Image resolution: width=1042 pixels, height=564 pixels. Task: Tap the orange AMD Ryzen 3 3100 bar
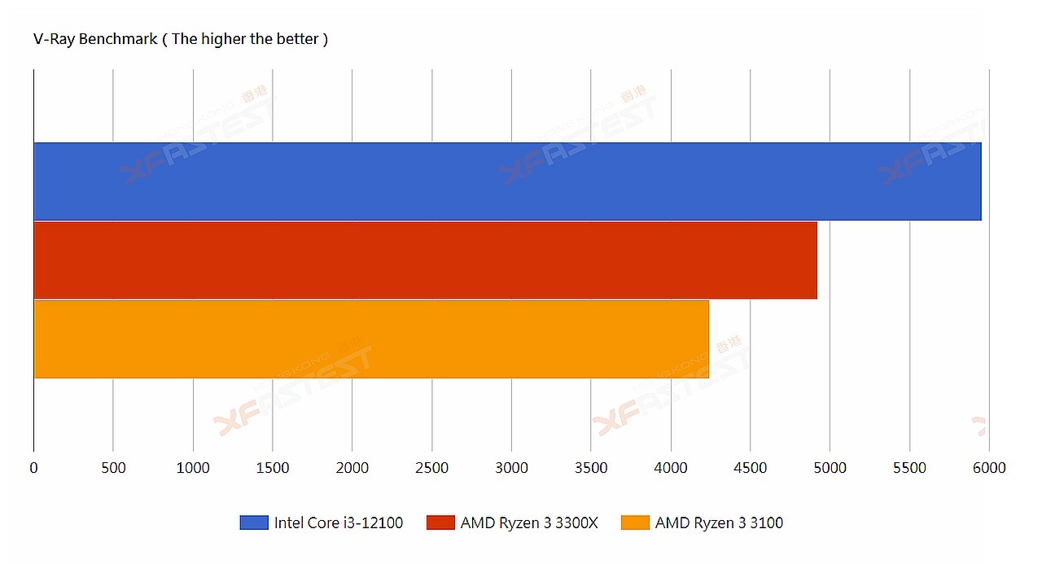[x=371, y=339]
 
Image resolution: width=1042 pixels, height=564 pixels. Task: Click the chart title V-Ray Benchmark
[x=180, y=39]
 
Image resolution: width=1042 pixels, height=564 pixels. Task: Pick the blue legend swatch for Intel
[x=253, y=522]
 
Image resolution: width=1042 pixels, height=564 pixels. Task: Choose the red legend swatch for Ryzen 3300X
[x=440, y=522]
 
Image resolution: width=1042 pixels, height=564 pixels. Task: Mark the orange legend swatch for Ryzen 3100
[x=635, y=522]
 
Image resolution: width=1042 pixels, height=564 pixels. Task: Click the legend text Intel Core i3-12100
[x=339, y=522]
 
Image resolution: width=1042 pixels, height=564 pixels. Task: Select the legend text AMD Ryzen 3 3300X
[x=529, y=522]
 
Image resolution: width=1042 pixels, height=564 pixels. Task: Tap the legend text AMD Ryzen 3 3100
[x=719, y=522]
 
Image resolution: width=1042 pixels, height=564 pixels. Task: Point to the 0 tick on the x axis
[x=33, y=468]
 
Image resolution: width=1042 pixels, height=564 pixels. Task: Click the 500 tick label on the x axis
[x=113, y=468]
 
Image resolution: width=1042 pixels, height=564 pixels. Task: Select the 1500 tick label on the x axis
[x=273, y=468]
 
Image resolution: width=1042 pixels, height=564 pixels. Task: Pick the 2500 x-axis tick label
[x=431, y=468]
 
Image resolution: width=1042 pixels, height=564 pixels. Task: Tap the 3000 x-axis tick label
[x=511, y=468]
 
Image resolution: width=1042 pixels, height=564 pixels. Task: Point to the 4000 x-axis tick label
[x=671, y=468]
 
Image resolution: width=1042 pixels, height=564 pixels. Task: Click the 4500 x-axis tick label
[x=750, y=468]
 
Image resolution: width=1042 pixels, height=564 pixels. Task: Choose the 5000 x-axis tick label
[x=830, y=468]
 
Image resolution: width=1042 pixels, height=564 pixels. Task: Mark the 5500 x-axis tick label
[x=909, y=468]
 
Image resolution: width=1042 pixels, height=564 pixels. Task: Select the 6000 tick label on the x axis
[x=989, y=468]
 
